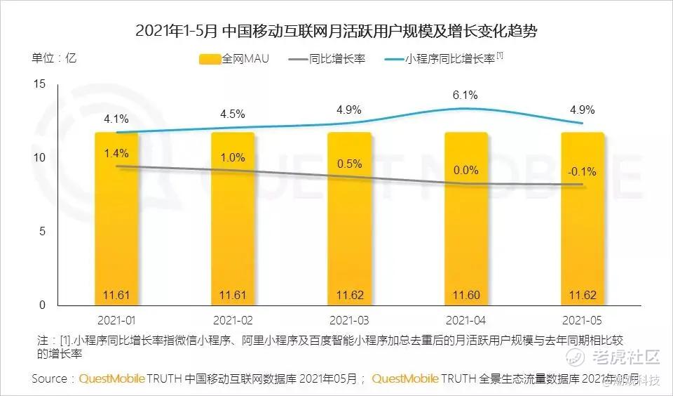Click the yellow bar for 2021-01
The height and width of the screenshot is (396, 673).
point(116,225)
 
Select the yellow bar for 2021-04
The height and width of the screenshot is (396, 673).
point(466,225)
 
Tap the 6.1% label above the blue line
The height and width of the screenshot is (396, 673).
point(465,95)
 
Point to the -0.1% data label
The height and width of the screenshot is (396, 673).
point(582,171)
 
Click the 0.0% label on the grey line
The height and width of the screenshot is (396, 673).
point(465,170)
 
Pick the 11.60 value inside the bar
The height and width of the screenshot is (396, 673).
point(465,293)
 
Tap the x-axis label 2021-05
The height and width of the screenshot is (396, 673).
point(582,320)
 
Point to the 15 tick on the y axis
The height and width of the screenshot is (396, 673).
point(39,84)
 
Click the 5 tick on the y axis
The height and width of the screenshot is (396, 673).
point(42,231)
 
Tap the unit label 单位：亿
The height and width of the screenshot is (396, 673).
point(54,58)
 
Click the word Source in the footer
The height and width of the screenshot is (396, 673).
point(50,378)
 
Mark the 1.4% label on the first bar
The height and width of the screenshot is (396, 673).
point(116,152)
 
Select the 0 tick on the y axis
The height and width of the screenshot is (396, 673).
point(42,305)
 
